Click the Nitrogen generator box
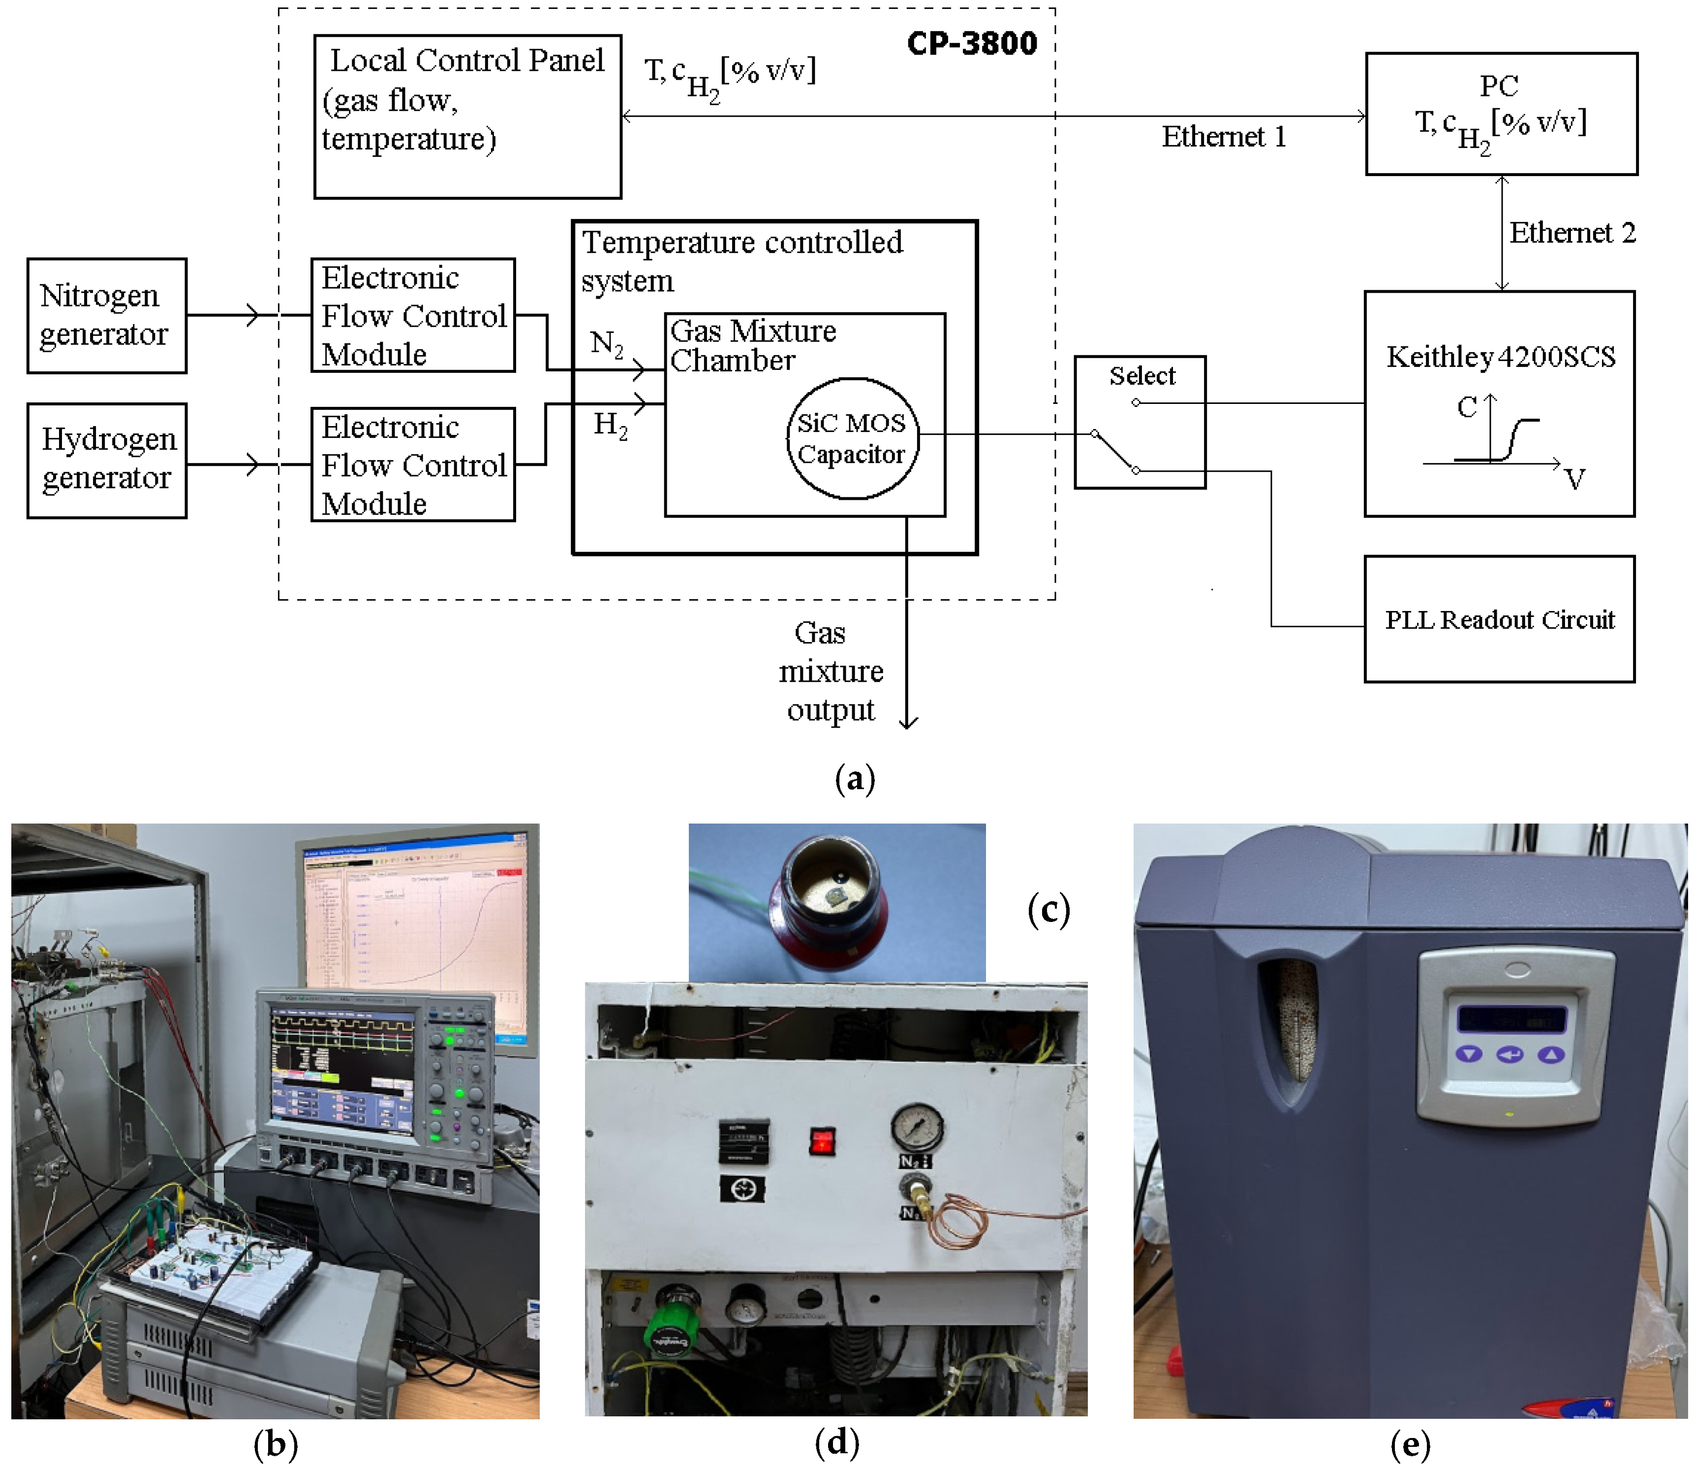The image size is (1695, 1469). coord(107,316)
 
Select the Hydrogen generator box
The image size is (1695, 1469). coord(107,460)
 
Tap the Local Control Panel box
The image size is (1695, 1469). coord(467,117)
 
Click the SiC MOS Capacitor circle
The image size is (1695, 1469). coord(852,438)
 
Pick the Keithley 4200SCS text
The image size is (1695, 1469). coord(1500,357)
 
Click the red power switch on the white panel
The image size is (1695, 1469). coord(822,1141)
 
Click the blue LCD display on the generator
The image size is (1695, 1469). coord(1510,1020)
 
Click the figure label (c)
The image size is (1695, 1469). coord(1048,910)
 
